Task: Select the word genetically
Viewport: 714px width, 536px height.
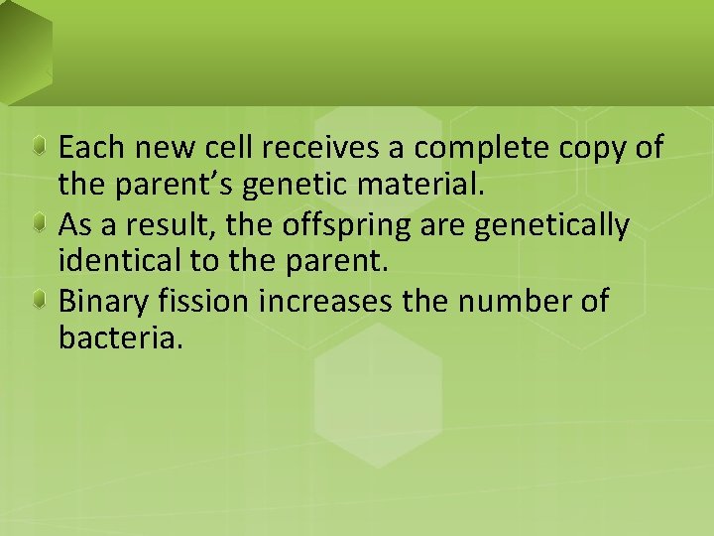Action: pyautogui.click(x=552, y=227)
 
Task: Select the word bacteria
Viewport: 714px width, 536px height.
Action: pyautogui.click(x=121, y=340)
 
